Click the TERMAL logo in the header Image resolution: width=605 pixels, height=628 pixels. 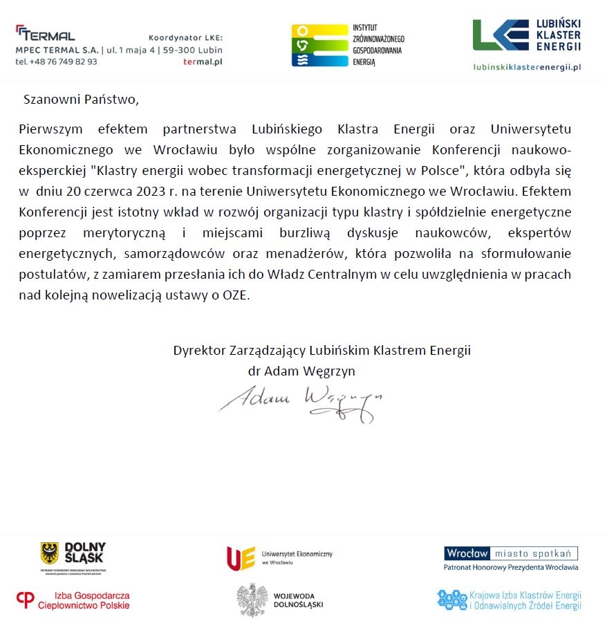(x=45, y=33)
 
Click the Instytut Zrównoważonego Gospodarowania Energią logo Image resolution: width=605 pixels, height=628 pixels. (x=348, y=45)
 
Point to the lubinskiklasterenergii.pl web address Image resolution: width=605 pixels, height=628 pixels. (x=527, y=67)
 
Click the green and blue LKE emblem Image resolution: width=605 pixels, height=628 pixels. (x=501, y=35)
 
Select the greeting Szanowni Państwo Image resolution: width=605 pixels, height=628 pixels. (x=81, y=99)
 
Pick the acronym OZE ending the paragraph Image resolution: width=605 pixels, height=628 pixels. (x=235, y=295)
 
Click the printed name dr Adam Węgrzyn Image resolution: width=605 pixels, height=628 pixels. (x=301, y=371)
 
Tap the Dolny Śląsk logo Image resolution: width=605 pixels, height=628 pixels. (x=73, y=557)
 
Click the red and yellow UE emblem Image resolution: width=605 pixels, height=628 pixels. (x=241, y=558)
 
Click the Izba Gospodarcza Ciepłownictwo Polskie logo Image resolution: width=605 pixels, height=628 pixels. (x=73, y=600)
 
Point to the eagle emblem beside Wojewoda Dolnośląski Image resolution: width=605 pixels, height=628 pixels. (x=252, y=600)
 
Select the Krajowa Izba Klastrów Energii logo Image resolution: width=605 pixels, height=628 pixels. (x=509, y=600)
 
